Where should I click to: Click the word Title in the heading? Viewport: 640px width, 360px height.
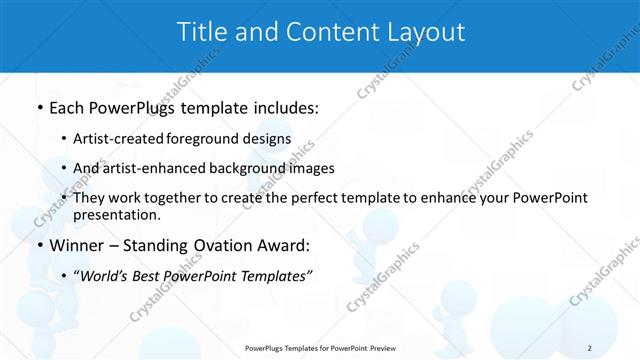point(202,32)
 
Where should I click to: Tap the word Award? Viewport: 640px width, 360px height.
point(283,245)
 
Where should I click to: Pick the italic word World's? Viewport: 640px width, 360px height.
point(105,276)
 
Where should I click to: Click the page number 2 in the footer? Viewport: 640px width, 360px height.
point(589,348)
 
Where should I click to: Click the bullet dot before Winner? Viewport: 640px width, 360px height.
point(39,245)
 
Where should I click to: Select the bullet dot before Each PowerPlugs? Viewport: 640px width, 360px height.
point(39,108)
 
